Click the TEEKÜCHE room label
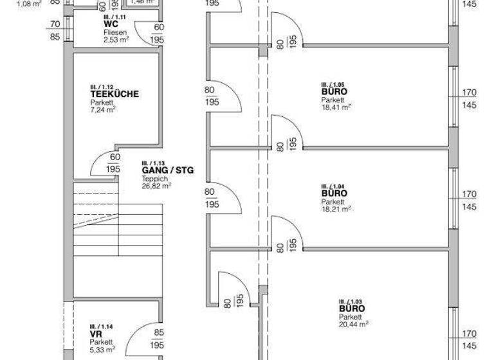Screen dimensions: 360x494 (114, 94)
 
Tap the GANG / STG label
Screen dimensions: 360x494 (167, 170)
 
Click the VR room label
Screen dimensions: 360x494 (95, 334)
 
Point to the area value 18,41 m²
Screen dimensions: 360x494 (336, 108)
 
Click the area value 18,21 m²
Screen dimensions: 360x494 (336, 209)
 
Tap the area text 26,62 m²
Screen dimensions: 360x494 (156, 186)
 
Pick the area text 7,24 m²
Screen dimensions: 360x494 (103, 110)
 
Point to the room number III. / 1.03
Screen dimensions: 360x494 (351, 301)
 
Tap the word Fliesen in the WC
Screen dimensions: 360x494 (114, 32)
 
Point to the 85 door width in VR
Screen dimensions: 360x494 (158, 334)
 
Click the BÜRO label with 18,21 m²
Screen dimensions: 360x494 (334, 193)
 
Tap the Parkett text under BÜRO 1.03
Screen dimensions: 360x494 (351, 317)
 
